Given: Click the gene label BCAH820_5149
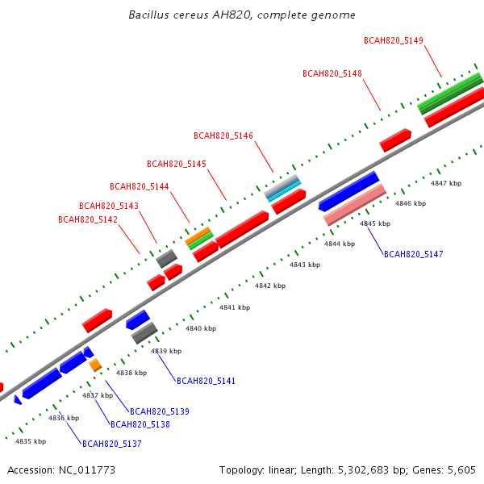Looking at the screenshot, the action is click(394, 41).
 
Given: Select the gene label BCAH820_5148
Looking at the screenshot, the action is click(332, 73).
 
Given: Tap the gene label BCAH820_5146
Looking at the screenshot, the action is click(223, 136).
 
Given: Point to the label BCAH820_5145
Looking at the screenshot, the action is click(176, 164).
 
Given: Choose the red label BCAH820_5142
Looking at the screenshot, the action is click(88, 219).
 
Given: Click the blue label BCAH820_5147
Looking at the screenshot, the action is click(414, 254).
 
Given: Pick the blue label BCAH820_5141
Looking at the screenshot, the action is click(206, 382).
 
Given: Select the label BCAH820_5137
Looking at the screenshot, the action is click(112, 444).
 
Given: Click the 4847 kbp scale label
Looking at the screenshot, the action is click(446, 183).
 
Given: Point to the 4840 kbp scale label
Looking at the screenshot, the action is click(201, 328).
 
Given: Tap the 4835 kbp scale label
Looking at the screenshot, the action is click(31, 441).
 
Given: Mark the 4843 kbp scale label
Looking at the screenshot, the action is click(305, 265).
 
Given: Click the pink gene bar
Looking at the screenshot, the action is click(355, 205).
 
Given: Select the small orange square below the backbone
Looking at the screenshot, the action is click(95, 365).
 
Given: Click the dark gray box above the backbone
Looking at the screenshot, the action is click(167, 259).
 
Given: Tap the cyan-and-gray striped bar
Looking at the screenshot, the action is click(283, 188).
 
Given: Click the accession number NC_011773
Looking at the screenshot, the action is click(87, 470).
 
